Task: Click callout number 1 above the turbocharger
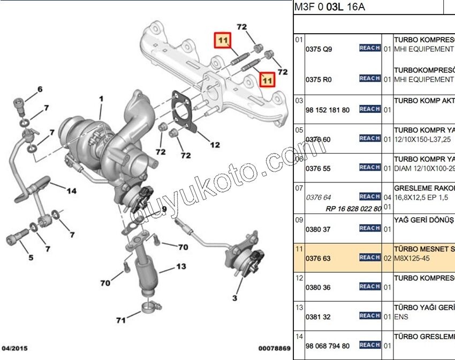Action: pyautogui.click(x=101, y=99)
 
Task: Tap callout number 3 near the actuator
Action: pyautogui.click(x=234, y=297)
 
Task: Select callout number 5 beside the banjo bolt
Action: pyautogui.click(x=31, y=258)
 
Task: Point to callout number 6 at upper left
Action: pyautogui.click(x=39, y=89)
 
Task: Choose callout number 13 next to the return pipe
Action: pyautogui.click(x=181, y=266)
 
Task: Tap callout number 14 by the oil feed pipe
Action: pyautogui.click(x=71, y=190)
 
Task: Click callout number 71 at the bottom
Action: pyautogui.click(x=121, y=320)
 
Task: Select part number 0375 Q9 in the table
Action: pyautogui.click(x=318, y=49)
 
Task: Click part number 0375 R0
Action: pyautogui.click(x=318, y=79)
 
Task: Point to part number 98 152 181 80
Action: pyautogui.click(x=327, y=110)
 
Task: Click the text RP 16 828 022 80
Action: pyautogui.click(x=353, y=209)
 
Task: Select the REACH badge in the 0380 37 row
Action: pyautogui.click(x=370, y=228)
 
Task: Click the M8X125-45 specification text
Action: pyautogui.click(x=412, y=258)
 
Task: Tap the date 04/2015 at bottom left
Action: pyautogui.click(x=15, y=348)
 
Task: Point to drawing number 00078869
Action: pyautogui.click(x=274, y=348)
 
